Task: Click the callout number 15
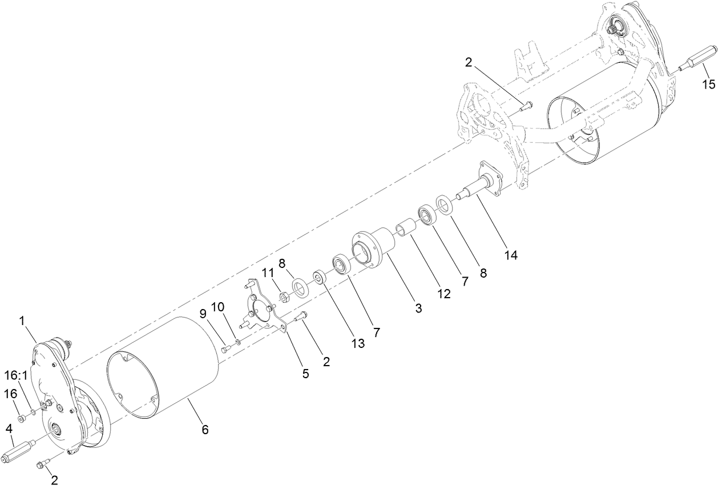tap(708, 85)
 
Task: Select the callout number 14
tap(511, 255)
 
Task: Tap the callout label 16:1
tap(16, 375)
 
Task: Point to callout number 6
tap(205, 430)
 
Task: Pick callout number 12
tap(443, 294)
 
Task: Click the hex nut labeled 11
tap(283, 296)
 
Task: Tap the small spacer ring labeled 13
tap(318, 278)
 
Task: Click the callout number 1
tap(23, 321)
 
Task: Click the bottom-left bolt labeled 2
tap(43, 464)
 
